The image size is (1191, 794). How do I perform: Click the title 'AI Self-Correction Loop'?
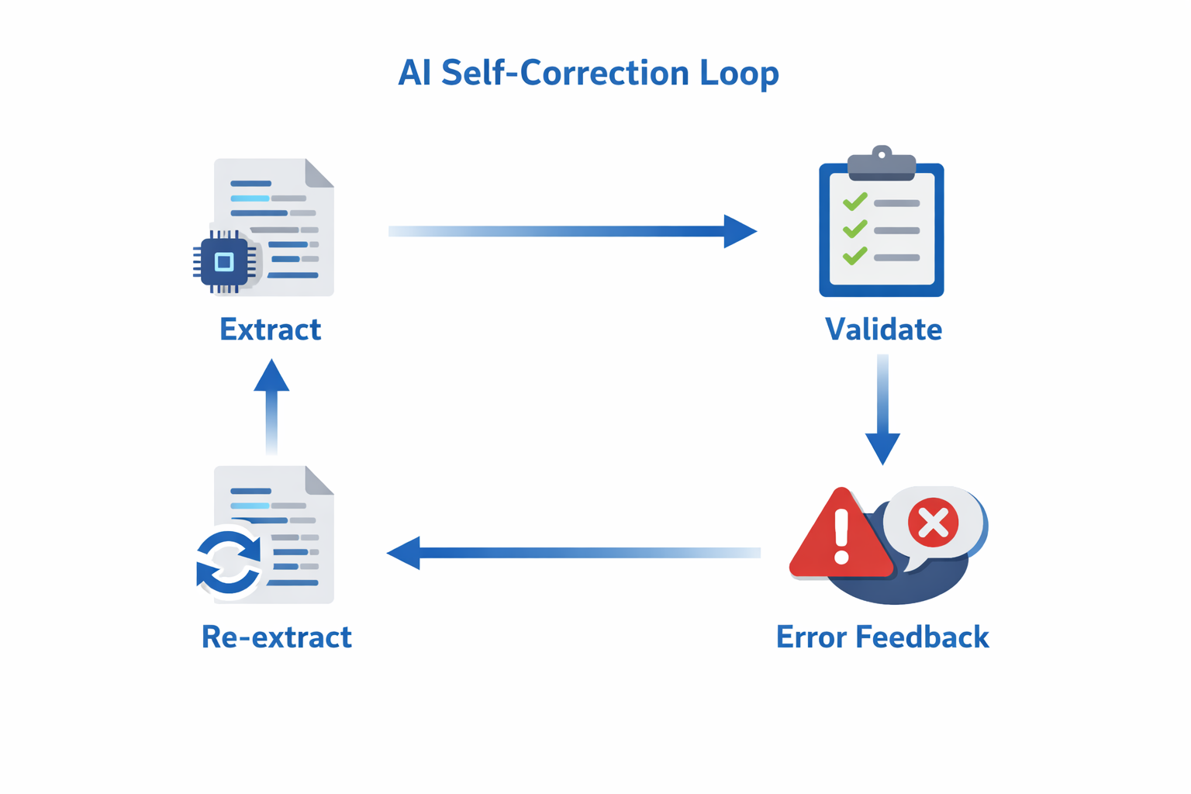click(588, 74)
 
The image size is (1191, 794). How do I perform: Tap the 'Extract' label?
click(270, 330)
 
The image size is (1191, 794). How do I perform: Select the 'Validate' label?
click(883, 330)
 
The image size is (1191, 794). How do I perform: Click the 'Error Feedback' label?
click(882, 637)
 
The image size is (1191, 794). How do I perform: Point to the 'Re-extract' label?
click(276, 637)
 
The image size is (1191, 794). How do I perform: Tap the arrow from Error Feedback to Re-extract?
click(574, 553)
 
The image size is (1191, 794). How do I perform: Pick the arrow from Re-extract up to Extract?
click(271, 406)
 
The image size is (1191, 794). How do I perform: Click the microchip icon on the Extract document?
click(224, 262)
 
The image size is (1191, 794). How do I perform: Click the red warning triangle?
click(840, 537)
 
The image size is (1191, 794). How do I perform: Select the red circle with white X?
click(933, 523)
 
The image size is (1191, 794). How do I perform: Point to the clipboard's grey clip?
click(882, 164)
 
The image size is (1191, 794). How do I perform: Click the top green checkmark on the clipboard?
click(854, 202)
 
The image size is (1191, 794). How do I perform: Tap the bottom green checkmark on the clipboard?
click(854, 256)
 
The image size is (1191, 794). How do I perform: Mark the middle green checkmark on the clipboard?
click(854, 230)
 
